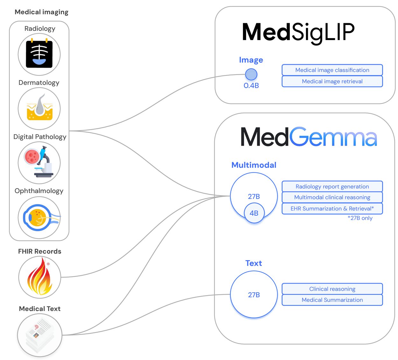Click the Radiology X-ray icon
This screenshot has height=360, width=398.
pos(39,54)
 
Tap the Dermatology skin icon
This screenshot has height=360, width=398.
pos(39,108)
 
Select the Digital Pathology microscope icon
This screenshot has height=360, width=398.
pos(39,163)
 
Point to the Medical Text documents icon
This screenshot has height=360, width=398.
pos(39,335)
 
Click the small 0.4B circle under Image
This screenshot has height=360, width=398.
pos(251,74)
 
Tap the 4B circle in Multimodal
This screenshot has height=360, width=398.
pos(254,213)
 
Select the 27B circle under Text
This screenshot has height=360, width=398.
pos(254,294)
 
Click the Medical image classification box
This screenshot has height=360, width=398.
pos(332,70)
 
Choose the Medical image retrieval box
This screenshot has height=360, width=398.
pos(332,81)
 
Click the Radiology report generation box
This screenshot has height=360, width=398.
pos(332,186)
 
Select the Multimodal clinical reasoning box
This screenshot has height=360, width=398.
pos(332,197)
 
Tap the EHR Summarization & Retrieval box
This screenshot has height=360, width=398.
pos(332,209)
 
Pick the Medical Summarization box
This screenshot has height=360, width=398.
pos(332,300)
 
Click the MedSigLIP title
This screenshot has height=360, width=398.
pos(298,32)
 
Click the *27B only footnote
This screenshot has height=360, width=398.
pos(360,218)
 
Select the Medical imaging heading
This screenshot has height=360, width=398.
pos(41,12)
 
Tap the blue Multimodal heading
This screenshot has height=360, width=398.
pos(254,165)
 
